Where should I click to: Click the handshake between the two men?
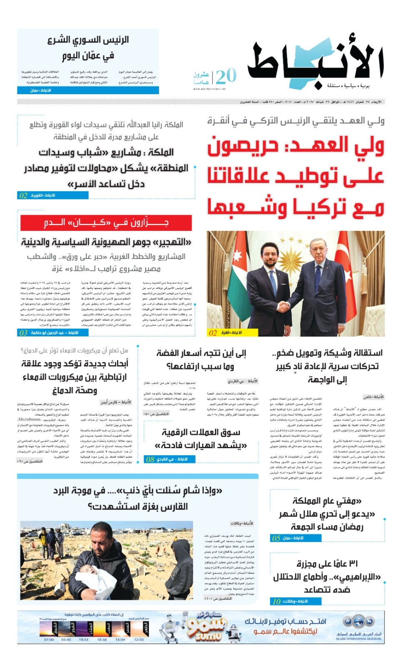coord(285,306)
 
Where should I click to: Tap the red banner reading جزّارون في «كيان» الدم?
coord(106,223)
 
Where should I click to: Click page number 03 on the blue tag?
coord(23,333)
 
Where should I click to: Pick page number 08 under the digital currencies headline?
coord(150,459)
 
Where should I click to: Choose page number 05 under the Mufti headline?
coord(276,538)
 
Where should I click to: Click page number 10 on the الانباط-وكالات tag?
coord(277,601)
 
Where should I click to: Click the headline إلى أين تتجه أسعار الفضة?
coord(201,354)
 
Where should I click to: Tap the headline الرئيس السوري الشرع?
coord(88,40)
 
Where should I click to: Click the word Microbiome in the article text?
coord(30,419)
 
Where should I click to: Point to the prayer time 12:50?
coord(139,639)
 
